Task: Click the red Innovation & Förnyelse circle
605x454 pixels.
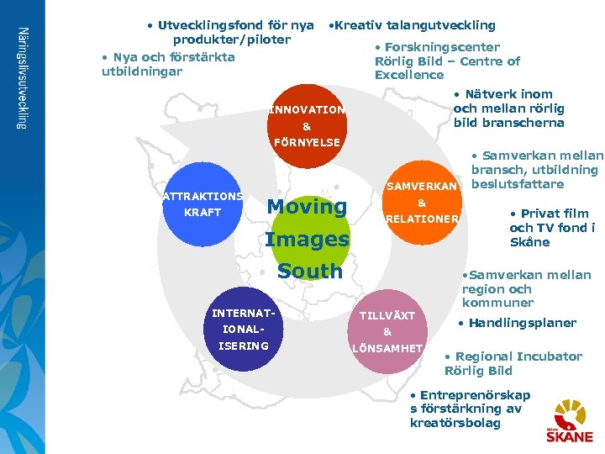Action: point(307,125)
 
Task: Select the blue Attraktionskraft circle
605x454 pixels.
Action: point(202,203)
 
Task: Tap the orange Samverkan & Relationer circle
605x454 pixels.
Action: point(422,203)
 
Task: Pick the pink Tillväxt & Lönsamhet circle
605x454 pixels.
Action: point(387,330)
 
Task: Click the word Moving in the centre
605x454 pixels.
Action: point(307,207)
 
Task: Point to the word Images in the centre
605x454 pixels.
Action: point(307,240)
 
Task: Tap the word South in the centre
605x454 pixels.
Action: point(309,272)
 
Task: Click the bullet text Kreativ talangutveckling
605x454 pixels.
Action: point(413,25)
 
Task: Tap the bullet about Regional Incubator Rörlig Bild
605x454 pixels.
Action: point(513,363)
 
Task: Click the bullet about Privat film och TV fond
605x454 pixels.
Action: point(551,228)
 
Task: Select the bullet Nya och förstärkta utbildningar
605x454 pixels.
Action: point(167,64)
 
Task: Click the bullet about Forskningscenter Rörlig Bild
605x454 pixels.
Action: point(446,61)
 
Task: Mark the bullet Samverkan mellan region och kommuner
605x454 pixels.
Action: point(525,288)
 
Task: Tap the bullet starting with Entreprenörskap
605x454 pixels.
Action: point(469,409)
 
